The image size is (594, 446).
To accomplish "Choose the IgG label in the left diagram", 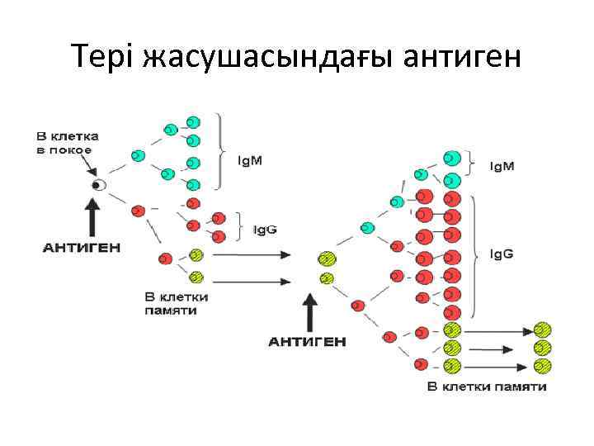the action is click(x=266, y=225).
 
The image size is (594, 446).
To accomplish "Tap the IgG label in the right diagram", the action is click(x=502, y=254).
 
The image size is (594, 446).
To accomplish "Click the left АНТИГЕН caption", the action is click(x=82, y=246).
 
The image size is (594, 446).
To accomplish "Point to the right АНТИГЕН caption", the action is click(x=308, y=341).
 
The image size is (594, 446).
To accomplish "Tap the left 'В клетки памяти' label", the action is click(x=176, y=302).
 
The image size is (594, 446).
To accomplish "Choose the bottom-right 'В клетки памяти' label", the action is click(x=487, y=387).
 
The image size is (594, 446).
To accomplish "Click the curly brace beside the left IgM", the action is click(x=221, y=151).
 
